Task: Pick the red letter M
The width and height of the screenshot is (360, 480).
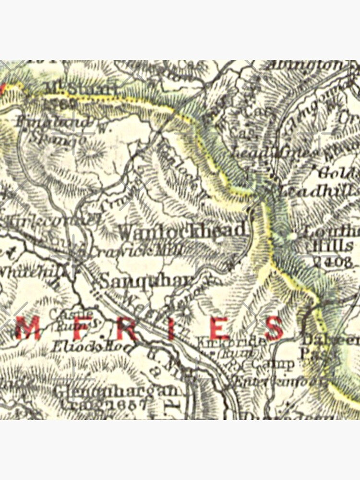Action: pos(28,329)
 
